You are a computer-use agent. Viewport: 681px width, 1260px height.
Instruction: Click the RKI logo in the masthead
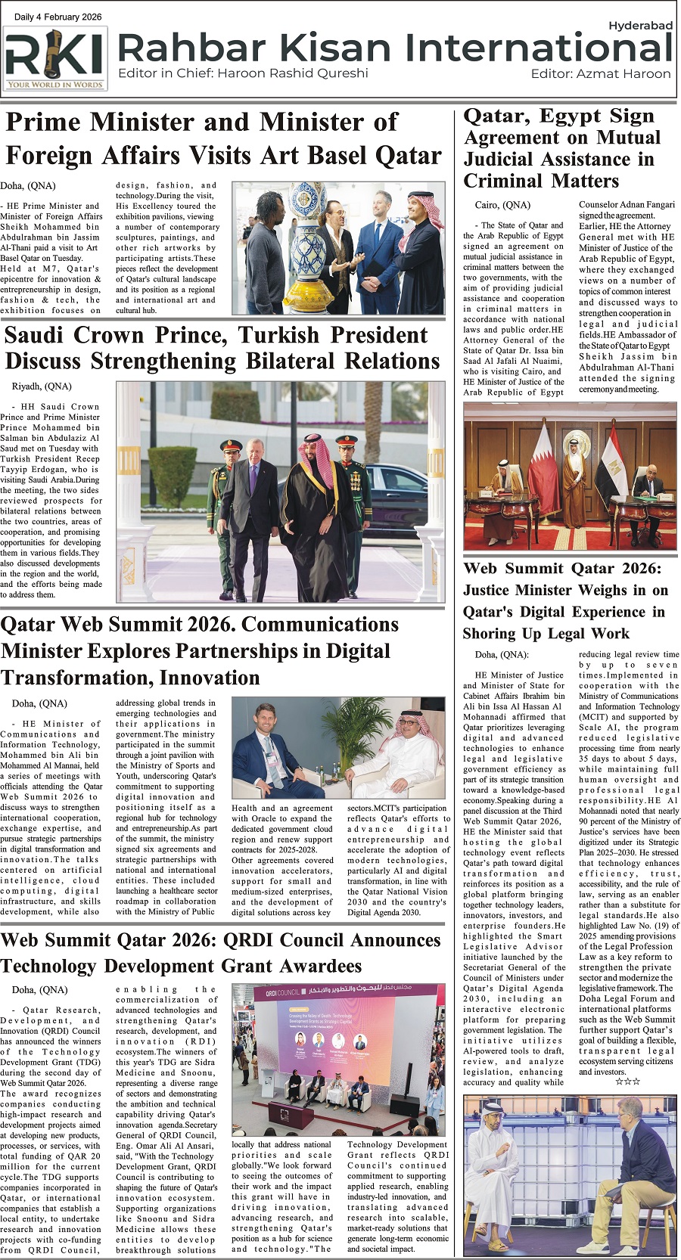(x=54, y=59)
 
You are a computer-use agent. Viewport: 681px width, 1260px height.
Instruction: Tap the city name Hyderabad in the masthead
(x=640, y=26)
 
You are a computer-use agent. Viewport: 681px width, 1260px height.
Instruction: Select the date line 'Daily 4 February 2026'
(x=58, y=17)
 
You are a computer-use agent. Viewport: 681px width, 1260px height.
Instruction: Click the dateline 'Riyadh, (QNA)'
(x=42, y=386)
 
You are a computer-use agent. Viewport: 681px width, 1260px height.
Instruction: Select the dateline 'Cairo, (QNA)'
(x=502, y=205)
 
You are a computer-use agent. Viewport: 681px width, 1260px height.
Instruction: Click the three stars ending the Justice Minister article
(x=627, y=1082)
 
